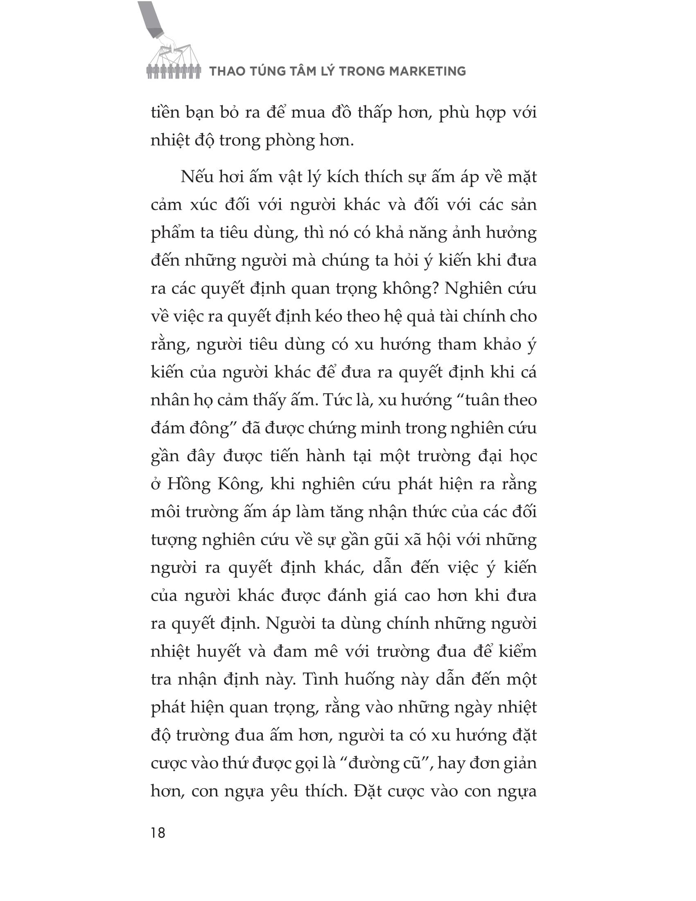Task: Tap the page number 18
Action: coord(158,833)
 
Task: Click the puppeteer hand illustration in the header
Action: coord(163,33)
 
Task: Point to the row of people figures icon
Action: coord(174,71)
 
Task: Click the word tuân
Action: coord(483,400)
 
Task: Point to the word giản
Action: coord(519,763)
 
